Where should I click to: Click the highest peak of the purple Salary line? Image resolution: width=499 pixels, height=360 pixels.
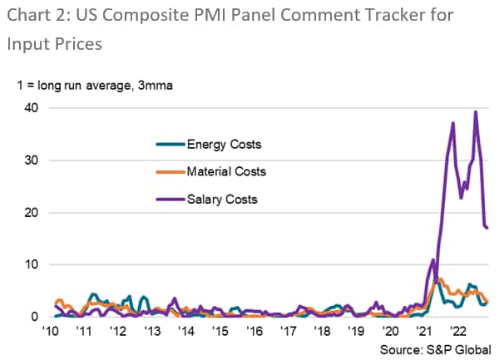pos(476,111)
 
